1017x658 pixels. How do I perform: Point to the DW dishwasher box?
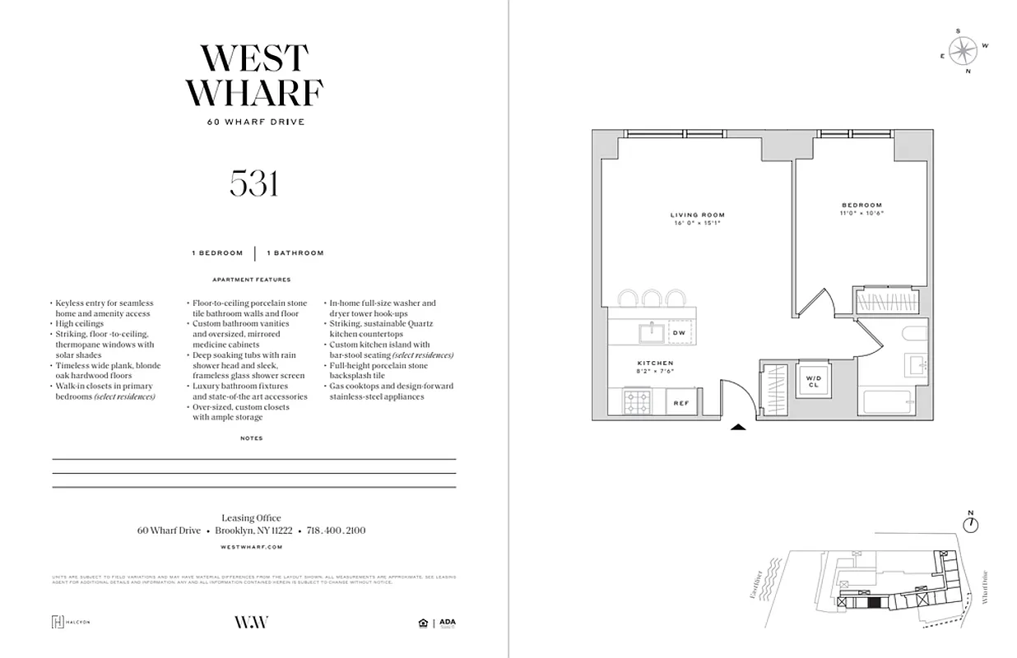[679, 332]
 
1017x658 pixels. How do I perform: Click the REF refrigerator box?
[681, 403]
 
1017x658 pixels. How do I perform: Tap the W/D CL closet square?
[813, 380]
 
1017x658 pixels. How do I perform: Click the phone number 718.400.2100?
[336, 531]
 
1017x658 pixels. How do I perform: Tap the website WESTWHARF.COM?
[253, 547]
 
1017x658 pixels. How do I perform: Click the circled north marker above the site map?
[971, 523]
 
